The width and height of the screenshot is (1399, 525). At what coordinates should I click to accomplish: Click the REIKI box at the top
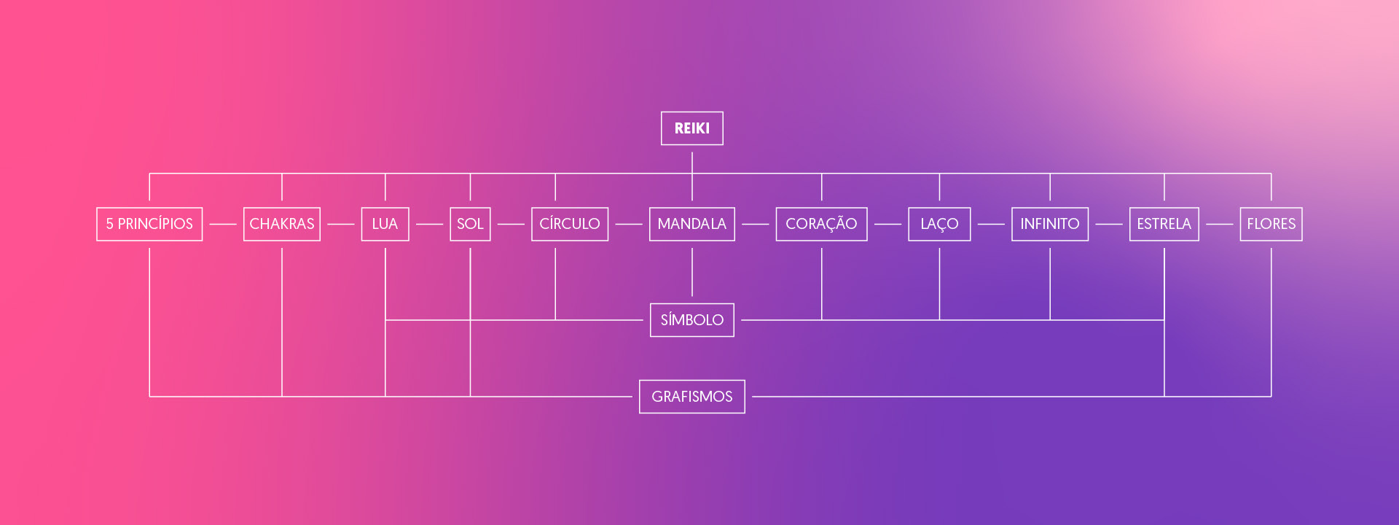(691, 128)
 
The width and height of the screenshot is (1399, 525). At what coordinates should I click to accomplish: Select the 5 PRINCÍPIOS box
(149, 224)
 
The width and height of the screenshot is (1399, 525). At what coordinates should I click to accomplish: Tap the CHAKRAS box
(282, 224)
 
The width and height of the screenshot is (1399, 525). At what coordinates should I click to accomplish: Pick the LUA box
(385, 224)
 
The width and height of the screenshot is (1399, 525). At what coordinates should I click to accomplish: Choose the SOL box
(470, 224)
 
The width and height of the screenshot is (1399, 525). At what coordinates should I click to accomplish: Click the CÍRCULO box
(570, 224)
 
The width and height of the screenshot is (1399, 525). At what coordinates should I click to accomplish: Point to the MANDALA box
(691, 224)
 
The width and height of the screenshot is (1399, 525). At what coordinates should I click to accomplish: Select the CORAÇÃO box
(821, 224)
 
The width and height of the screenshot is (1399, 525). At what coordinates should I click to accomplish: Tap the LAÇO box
(939, 224)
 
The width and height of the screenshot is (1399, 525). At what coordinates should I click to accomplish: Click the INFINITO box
(1050, 224)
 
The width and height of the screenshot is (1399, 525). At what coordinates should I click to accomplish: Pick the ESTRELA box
(1164, 224)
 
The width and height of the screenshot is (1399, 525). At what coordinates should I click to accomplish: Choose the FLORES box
(1271, 224)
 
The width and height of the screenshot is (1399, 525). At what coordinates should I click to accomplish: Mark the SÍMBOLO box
(691, 320)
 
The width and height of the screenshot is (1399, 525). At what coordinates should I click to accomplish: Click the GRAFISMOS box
(691, 397)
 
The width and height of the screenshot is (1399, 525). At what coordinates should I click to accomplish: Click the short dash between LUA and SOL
(429, 225)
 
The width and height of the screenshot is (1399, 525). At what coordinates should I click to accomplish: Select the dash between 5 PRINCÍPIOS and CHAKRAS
(223, 225)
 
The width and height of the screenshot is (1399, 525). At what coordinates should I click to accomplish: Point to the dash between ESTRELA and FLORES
(1219, 225)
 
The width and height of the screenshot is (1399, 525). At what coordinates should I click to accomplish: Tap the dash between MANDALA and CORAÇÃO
(756, 225)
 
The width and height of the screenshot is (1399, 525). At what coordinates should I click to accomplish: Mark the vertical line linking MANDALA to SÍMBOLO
(692, 272)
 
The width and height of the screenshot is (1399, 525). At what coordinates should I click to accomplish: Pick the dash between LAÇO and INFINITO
(991, 225)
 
